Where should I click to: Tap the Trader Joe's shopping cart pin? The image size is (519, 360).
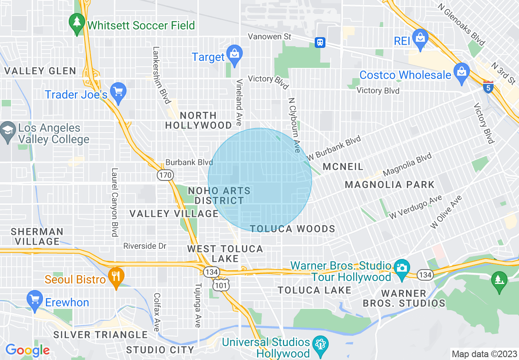click(118, 92)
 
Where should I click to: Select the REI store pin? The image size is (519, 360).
click(420, 39)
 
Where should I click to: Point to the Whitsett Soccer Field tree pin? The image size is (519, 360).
click(77, 23)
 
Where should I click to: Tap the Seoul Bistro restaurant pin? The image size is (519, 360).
click(116, 278)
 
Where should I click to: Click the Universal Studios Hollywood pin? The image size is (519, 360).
click(320, 346)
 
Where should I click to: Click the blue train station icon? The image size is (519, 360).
click(320, 42)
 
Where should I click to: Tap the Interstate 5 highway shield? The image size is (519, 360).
click(487, 87)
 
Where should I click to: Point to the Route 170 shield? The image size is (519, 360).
click(165, 175)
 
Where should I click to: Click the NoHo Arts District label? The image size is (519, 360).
click(219, 196)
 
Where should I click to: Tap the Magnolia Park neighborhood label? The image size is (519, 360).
click(390, 184)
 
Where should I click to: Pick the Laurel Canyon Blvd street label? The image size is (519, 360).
click(115, 202)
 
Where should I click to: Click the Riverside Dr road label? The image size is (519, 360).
click(145, 246)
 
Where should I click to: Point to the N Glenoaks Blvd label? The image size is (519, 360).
click(461, 24)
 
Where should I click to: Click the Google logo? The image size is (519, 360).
click(27, 350)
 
